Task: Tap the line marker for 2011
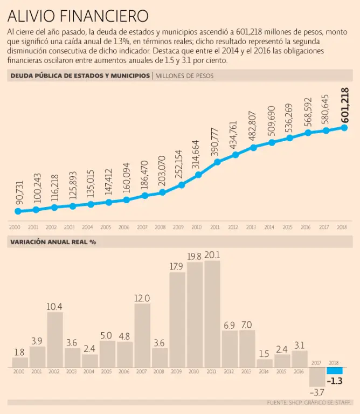[x=217, y=162]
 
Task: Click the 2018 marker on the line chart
[x=344, y=127]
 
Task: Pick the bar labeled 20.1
[x=212, y=314]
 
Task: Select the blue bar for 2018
[x=335, y=371]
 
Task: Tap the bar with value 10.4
[x=55, y=340]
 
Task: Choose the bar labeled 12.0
[x=142, y=335]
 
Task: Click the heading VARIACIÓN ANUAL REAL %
[x=53, y=242]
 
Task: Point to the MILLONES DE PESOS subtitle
[x=184, y=76]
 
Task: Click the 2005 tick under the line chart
[x=106, y=227]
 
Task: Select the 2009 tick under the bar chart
[x=177, y=372]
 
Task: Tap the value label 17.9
[x=177, y=266]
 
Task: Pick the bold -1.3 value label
[x=335, y=381]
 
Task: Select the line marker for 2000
[x=18, y=211]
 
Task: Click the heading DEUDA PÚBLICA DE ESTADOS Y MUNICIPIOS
[x=80, y=76]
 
